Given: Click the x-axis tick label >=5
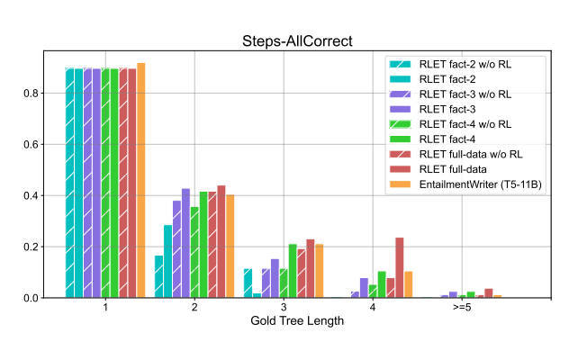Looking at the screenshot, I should [x=462, y=308].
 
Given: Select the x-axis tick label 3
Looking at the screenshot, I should [x=284, y=308].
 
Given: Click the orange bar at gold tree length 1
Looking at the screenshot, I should [x=140, y=180].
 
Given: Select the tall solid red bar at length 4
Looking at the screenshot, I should [x=400, y=267].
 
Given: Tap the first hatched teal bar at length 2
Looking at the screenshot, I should [x=159, y=276].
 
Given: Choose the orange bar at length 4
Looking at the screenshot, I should [x=408, y=284].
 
